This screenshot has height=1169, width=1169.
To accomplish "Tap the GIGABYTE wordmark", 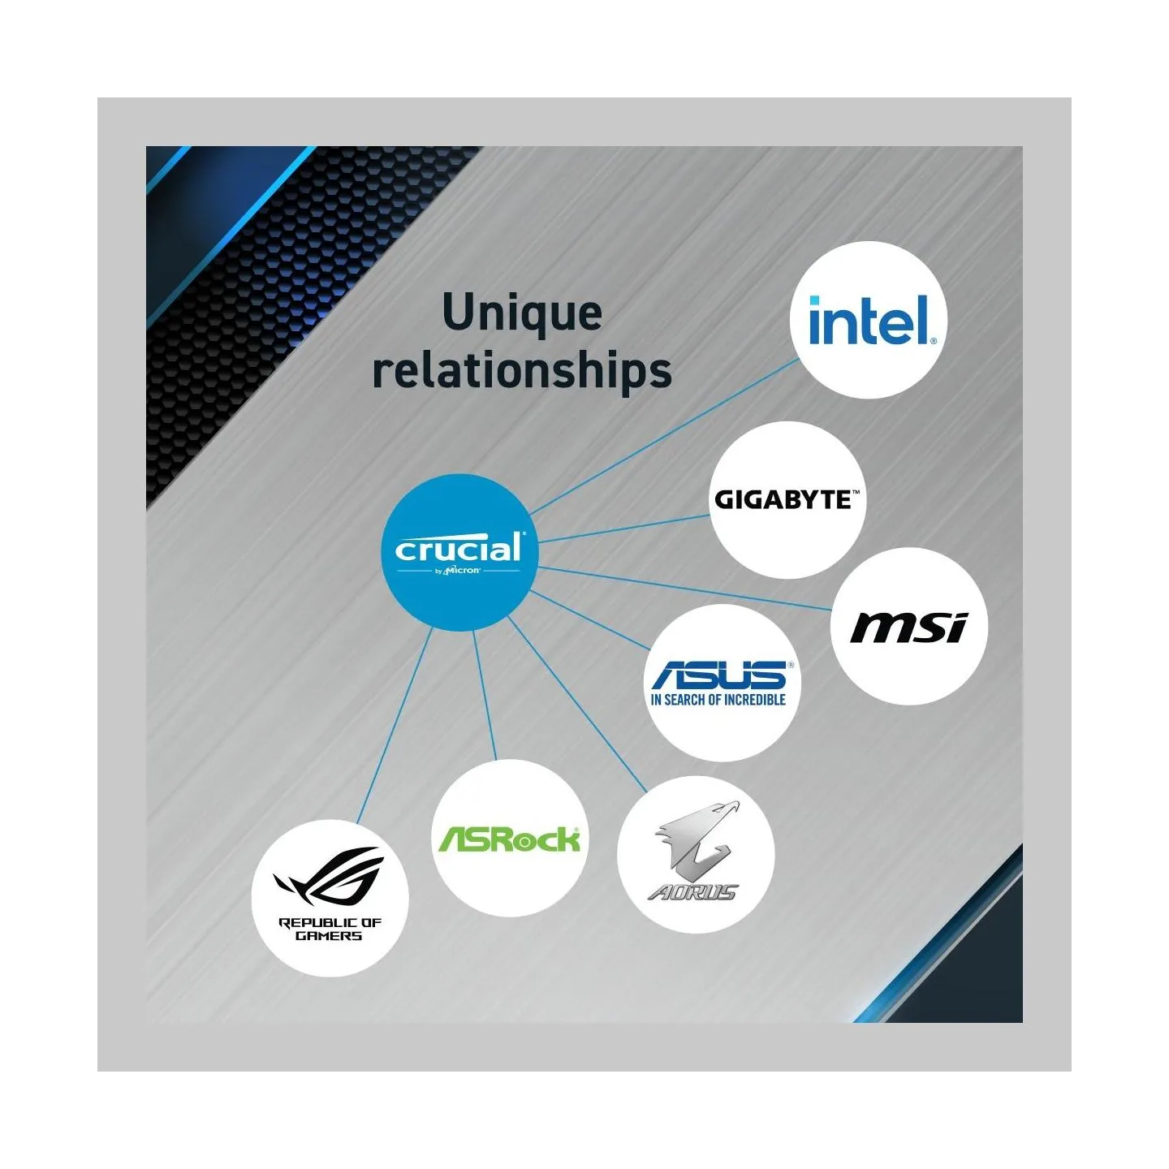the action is pos(787,499).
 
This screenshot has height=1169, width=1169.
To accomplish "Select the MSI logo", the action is pos(908,628).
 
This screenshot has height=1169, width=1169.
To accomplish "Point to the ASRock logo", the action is pos(509,839).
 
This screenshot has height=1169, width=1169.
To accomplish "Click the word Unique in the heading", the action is pos(522,313).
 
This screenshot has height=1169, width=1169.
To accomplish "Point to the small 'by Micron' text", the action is pos(459,571).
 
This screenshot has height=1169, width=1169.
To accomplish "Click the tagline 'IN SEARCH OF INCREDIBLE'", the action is pos(718,700).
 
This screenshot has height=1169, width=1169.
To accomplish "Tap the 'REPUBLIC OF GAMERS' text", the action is pos(329,929).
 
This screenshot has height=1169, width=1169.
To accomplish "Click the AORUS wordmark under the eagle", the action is pos(692,891).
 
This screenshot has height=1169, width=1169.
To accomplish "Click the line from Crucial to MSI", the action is pos(686,588).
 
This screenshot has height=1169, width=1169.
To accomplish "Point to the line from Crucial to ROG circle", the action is pos(395,726).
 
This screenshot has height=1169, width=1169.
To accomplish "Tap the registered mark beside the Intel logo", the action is pos(933,341).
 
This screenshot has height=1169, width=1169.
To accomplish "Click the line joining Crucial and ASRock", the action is pos(485,695).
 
